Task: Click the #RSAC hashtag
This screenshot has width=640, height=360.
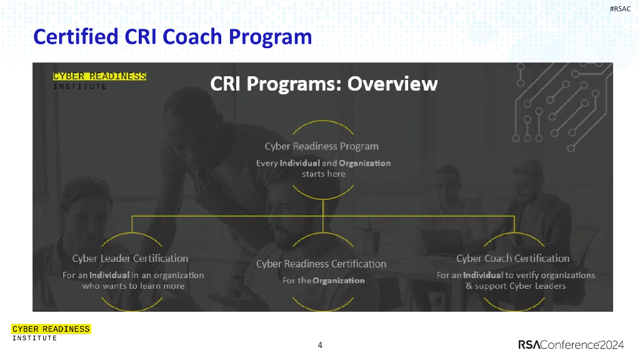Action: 620,9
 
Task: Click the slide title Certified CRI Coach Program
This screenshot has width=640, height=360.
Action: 172,37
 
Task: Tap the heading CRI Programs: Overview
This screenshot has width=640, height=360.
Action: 324,84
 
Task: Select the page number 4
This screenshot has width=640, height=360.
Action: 320,345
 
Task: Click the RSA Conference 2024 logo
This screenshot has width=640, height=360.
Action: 571,345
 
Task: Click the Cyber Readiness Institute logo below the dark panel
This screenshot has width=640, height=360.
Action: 51,332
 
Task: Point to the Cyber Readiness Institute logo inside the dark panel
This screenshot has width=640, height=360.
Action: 99,81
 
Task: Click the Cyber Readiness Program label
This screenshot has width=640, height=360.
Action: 322,146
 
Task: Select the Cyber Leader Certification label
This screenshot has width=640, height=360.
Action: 130,258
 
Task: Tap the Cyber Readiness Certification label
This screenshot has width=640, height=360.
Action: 321,264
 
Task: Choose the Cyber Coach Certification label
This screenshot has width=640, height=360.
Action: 513,258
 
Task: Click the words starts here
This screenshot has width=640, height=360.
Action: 324,174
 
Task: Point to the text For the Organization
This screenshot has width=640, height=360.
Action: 324,281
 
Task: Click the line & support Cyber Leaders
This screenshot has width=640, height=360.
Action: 516,286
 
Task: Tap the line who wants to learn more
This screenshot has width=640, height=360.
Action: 134,286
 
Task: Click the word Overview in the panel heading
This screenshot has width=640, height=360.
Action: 392,84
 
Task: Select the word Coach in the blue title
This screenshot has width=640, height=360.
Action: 192,37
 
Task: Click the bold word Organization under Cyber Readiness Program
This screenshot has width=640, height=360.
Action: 364,163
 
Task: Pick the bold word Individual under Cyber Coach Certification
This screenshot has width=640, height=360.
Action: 483,276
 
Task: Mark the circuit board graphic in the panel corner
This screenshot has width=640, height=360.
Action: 562,107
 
